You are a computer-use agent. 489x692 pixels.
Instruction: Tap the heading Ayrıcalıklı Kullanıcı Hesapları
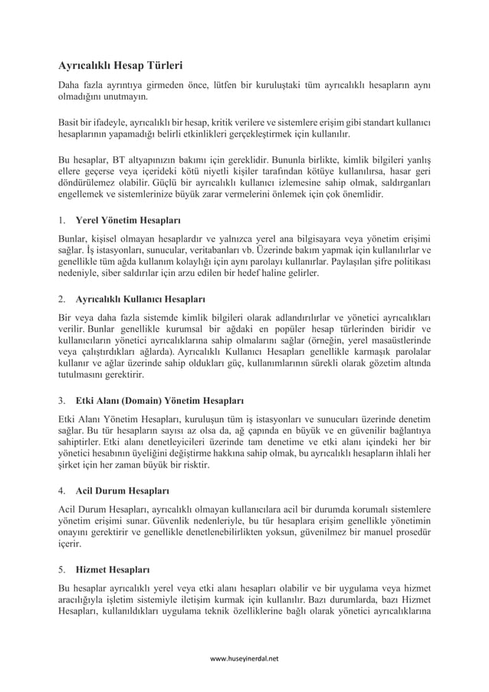(140, 298)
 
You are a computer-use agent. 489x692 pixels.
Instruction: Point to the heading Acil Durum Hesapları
(123, 489)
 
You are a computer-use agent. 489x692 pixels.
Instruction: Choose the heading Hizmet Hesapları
(113, 570)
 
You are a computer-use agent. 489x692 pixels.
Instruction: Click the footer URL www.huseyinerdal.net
(244, 658)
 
